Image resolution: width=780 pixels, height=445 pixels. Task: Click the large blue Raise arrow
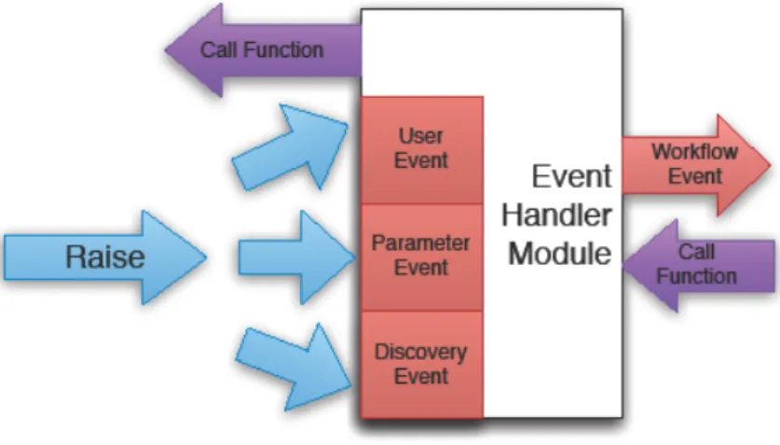pos(105,257)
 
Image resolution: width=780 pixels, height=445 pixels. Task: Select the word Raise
pos(105,257)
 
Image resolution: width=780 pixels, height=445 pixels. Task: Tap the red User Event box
pos(422,149)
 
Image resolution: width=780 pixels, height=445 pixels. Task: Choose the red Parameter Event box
pos(422,257)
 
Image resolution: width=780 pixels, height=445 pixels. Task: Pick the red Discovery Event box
pos(422,365)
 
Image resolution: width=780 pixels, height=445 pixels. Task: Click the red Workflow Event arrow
pos(695,165)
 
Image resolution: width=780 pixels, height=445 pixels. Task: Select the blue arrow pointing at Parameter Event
pos(296,257)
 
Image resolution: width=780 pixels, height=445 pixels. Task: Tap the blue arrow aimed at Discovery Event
pos(294,367)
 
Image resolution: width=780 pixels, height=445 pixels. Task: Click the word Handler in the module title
pos(556,215)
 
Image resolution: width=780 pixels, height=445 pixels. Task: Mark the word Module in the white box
pos(560,254)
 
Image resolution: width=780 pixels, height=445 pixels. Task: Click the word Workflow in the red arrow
pos(694,152)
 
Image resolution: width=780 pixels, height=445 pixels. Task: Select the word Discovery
pos(421,352)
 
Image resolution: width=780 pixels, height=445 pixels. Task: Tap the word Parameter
pos(421,243)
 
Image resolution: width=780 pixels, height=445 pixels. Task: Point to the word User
pos(421,136)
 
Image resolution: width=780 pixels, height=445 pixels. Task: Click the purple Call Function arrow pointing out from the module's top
pos(264,49)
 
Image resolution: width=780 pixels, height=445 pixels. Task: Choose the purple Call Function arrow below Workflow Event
pos(698,265)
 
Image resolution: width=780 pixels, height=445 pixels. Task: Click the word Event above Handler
pos(571,176)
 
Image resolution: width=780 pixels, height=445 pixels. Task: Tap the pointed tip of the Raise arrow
pos(206,257)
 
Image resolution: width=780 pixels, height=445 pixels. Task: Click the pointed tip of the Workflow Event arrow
pos(771,165)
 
